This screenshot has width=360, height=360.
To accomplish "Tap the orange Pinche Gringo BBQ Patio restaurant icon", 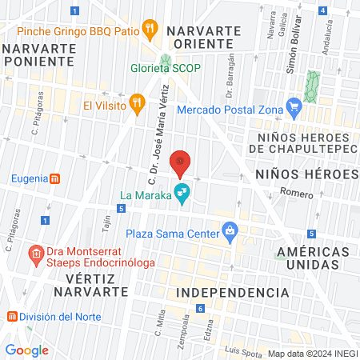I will click(x=150, y=31).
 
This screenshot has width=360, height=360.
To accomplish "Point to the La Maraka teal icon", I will click(x=182, y=192).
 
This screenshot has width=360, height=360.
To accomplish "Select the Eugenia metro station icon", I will click(x=54, y=178).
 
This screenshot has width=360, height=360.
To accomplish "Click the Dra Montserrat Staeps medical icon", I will click(x=35, y=255).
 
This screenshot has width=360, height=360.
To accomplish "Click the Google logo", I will click(x=27, y=350).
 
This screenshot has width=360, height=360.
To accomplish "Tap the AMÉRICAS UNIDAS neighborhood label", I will click(x=314, y=260).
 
